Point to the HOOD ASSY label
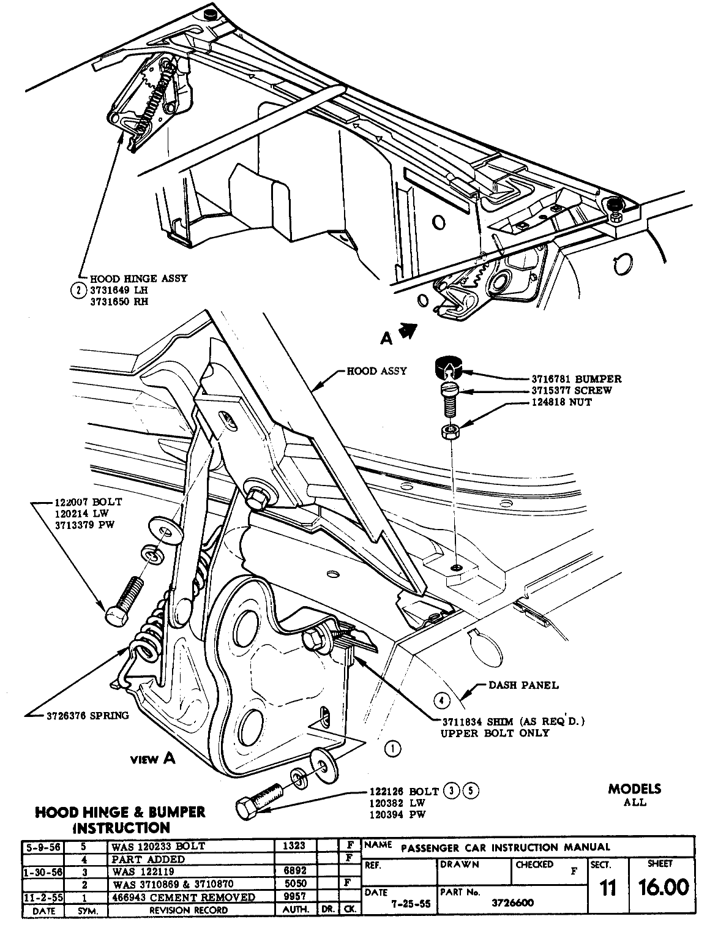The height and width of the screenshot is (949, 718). click(x=376, y=371)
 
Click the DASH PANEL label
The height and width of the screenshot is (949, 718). click(x=523, y=685)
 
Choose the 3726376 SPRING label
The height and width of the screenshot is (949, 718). click(x=88, y=715)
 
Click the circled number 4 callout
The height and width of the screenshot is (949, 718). click(x=441, y=700)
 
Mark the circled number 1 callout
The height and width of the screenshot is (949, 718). click(x=392, y=748)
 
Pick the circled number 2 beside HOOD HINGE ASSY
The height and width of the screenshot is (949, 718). click(x=78, y=290)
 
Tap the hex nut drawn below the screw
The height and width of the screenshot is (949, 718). click(x=451, y=432)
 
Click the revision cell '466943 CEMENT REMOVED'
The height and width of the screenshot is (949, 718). click(x=184, y=897)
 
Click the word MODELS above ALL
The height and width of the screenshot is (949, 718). click(x=635, y=789)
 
